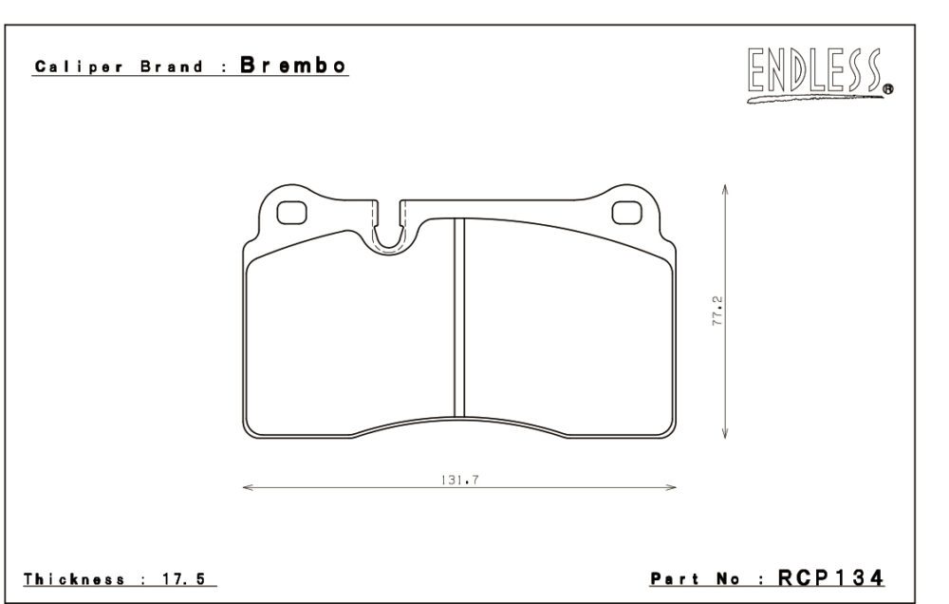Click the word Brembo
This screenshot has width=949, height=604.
pos(293,65)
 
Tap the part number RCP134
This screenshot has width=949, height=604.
pos(830,578)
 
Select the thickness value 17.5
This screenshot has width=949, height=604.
pos(184,579)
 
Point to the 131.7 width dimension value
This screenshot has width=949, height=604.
pos(460,480)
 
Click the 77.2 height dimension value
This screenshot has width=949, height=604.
pos(717,311)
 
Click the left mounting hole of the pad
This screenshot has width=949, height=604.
pos(291,213)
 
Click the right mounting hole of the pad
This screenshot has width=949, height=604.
pos(626,213)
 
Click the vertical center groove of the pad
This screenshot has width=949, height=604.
pos(458,317)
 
